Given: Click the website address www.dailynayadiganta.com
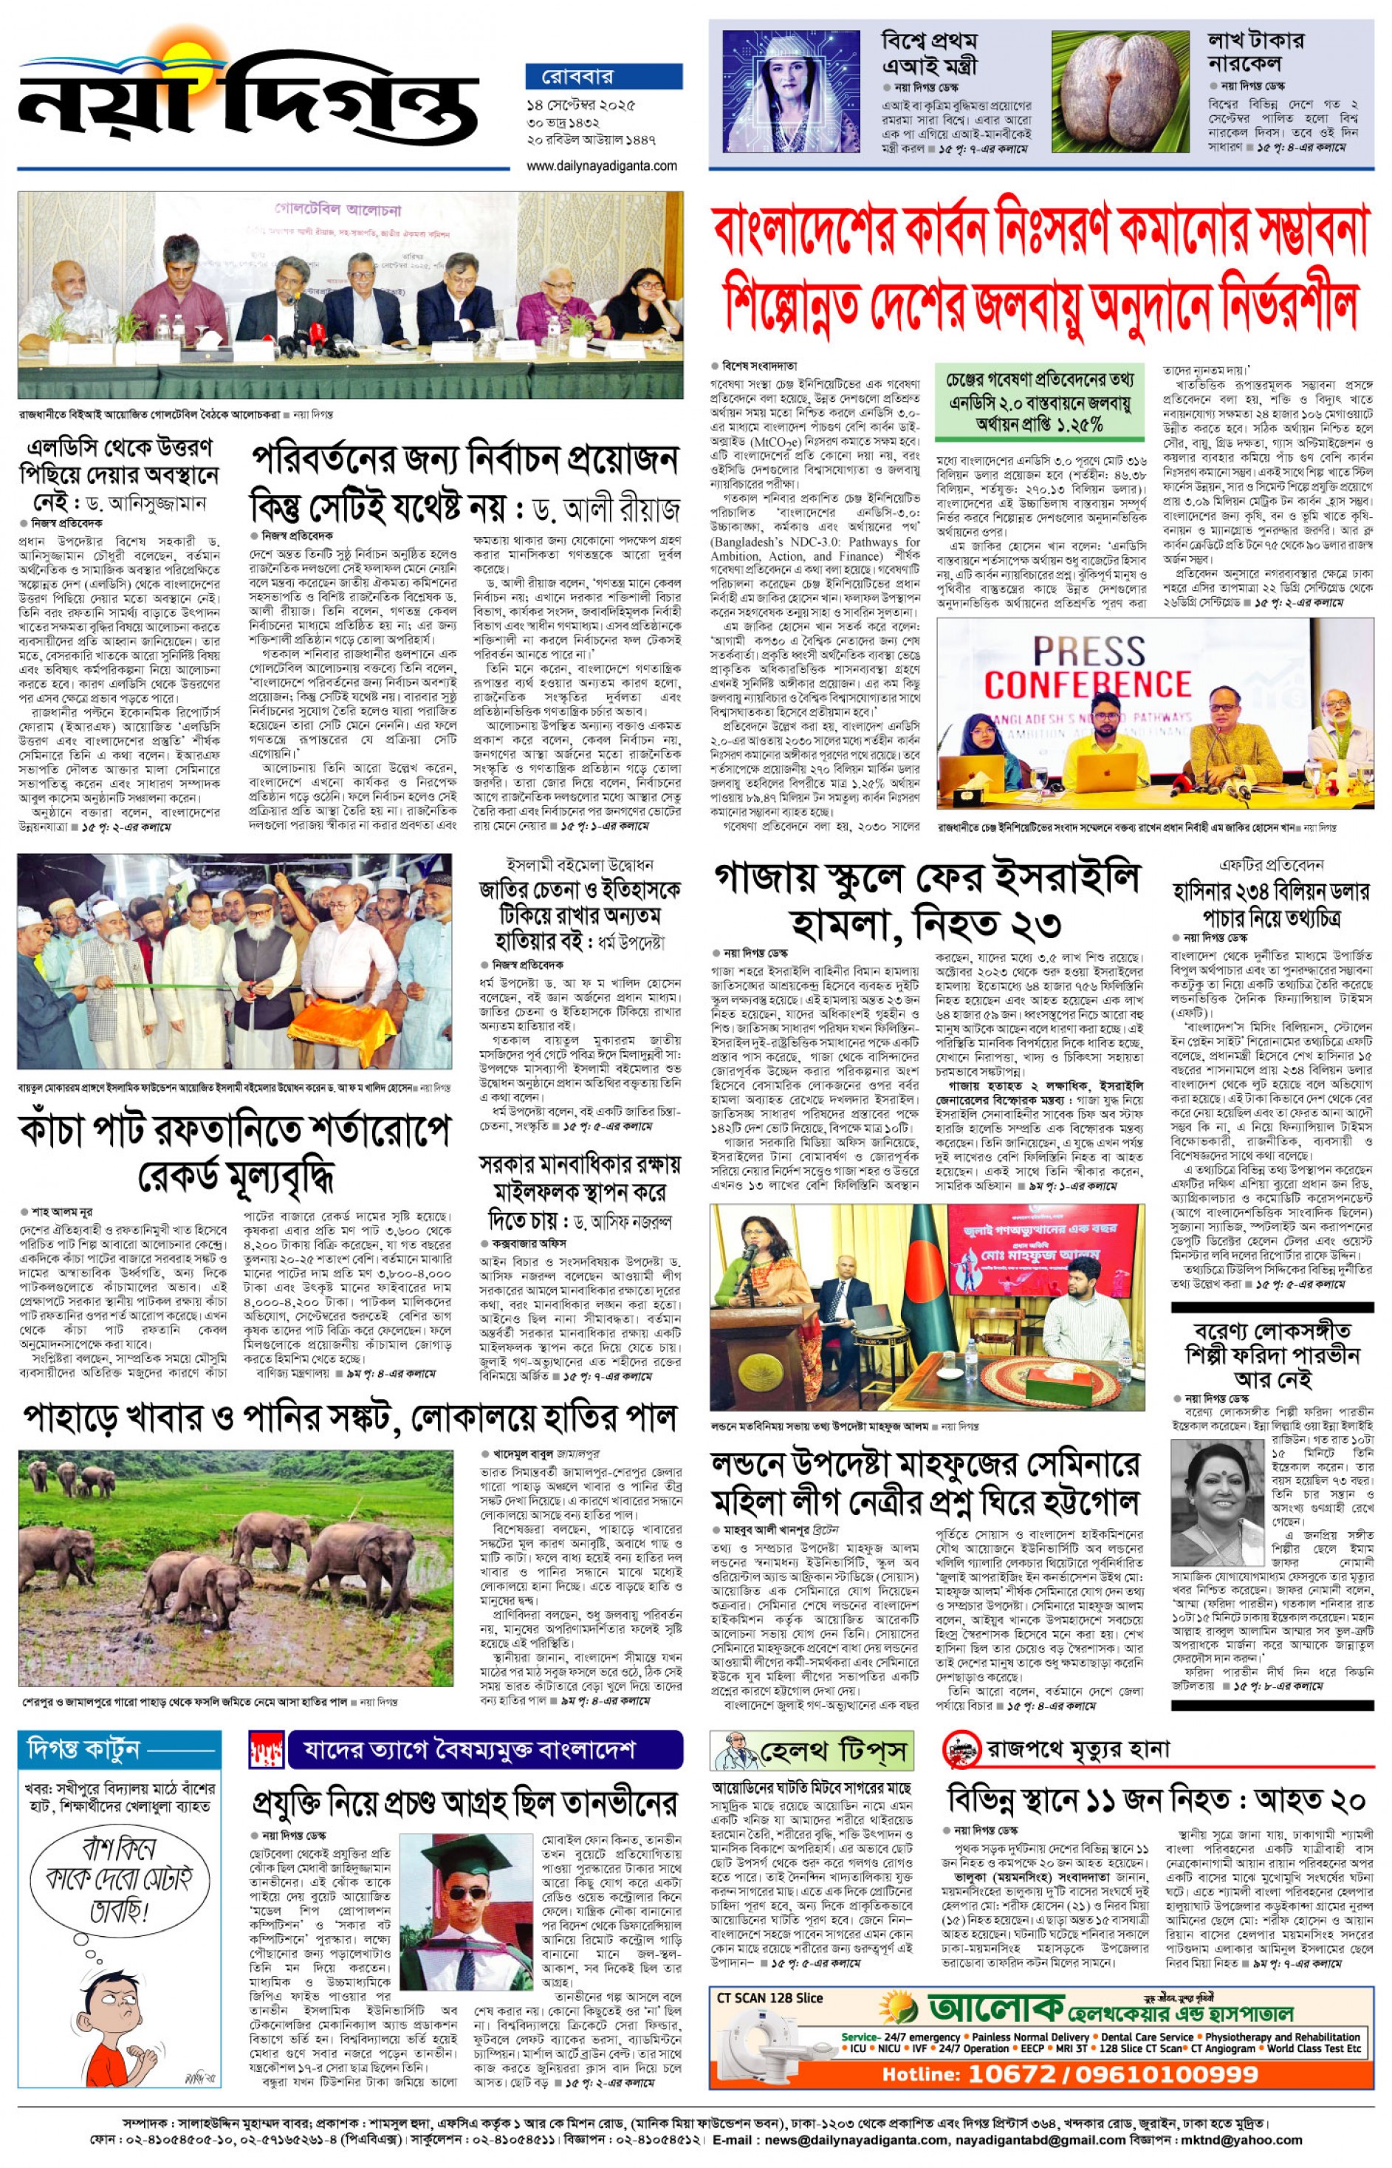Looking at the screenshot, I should click(601, 165).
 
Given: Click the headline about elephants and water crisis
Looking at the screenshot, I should click(350, 1417).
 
